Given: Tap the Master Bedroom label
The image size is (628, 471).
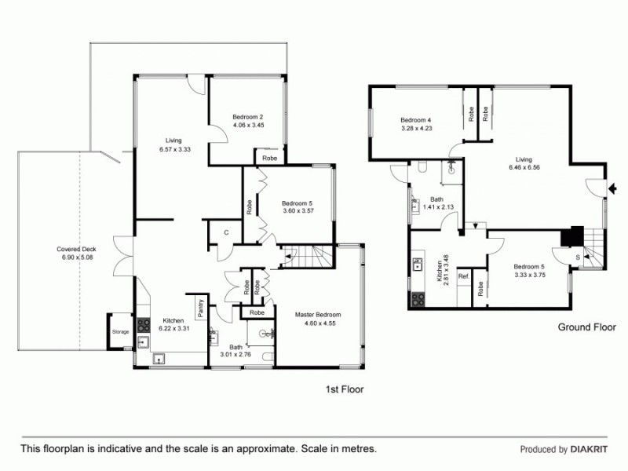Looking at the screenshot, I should pyautogui.click(x=318, y=315).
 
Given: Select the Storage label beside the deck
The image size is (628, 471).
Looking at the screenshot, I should pyautogui.click(x=119, y=332).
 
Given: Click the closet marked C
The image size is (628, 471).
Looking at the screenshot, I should pyautogui.click(x=226, y=232).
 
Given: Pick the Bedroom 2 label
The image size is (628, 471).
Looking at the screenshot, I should pyautogui.click(x=247, y=117).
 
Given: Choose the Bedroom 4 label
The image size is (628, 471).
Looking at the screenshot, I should pyautogui.click(x=416, y=119).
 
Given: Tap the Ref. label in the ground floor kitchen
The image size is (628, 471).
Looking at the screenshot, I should pyautogui.click(x=463, y=276).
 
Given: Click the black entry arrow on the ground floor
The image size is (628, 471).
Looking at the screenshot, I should pyautogui.click(x=614, y=188).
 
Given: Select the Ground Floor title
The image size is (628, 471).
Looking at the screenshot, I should pyautogui.click(x=586, y=327).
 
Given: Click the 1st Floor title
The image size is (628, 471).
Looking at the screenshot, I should pyautogui.click(x=345, y=389).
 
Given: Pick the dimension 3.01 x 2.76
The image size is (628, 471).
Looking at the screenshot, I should pyautogui.click(x=235, y=354).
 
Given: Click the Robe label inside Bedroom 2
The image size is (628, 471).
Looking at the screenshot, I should pyautogui.click(x=269, y=157).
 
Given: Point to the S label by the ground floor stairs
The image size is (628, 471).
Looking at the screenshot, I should pyautogui.click(x=578, y=257).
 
